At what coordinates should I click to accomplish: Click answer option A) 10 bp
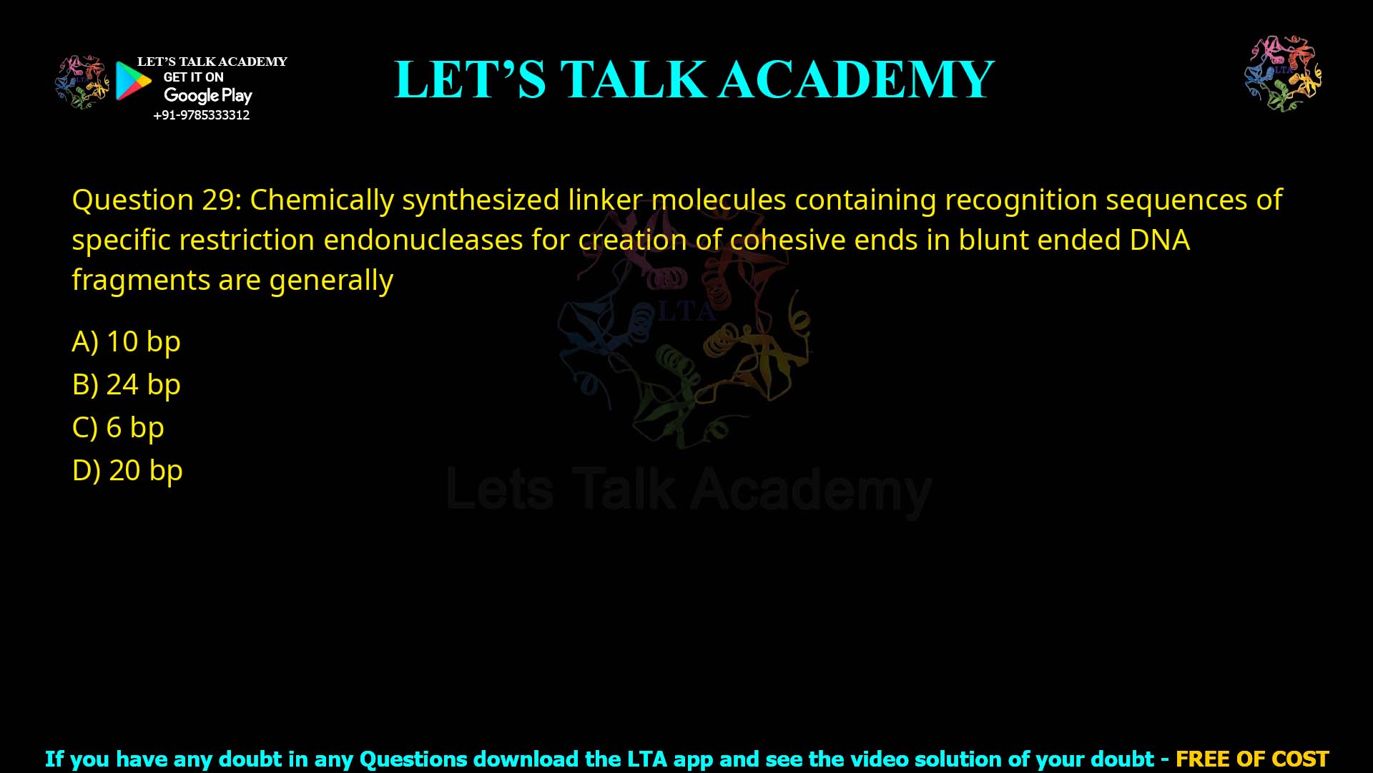[x=126, y=341]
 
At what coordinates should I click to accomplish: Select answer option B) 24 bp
[x=126, y=384]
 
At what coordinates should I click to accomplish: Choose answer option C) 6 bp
[x=118, y=427]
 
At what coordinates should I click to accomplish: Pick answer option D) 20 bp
[x=127, y=470]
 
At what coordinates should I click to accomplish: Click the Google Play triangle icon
[x=133, y=81]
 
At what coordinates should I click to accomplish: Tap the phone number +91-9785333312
[x=201, y=115]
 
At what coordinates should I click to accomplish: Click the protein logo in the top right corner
[x=1283, y=74]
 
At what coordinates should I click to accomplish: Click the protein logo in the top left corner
[x=82, y=82]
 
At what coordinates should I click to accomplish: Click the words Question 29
[x=157, y=200]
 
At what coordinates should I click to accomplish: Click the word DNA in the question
[x=1159, y=240]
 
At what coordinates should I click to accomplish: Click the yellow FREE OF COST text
[x=1251, y=759]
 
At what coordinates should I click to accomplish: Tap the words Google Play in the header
[x=207, y=95]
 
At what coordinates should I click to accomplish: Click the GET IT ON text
[x=193, y=77]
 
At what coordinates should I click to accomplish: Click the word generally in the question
[x=331, y=280]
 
